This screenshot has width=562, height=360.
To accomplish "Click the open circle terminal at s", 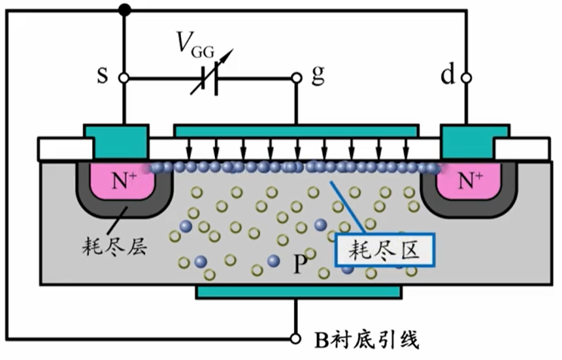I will [123, 78].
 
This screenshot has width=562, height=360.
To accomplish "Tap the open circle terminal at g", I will [297, 78].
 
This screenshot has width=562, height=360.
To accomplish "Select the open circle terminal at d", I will [467, 78].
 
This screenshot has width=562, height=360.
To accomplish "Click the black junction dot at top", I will [123, 10].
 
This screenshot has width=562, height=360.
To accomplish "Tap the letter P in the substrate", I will [300, 264].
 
